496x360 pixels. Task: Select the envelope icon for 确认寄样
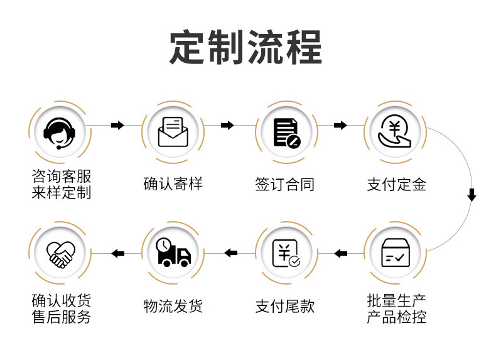[x=173, y=131]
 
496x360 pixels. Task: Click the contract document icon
[x=286, y=132]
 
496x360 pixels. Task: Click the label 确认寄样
[x=173, y=185]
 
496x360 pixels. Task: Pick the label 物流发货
[x=173, y=307]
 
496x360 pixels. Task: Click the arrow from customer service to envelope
[x=117, y=126]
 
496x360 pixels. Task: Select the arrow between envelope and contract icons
[x=228, y=126]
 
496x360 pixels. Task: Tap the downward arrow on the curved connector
[x=472, y=195]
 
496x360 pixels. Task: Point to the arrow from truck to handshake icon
[x=117, y=253]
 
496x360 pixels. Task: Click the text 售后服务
[x=61, y=317]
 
